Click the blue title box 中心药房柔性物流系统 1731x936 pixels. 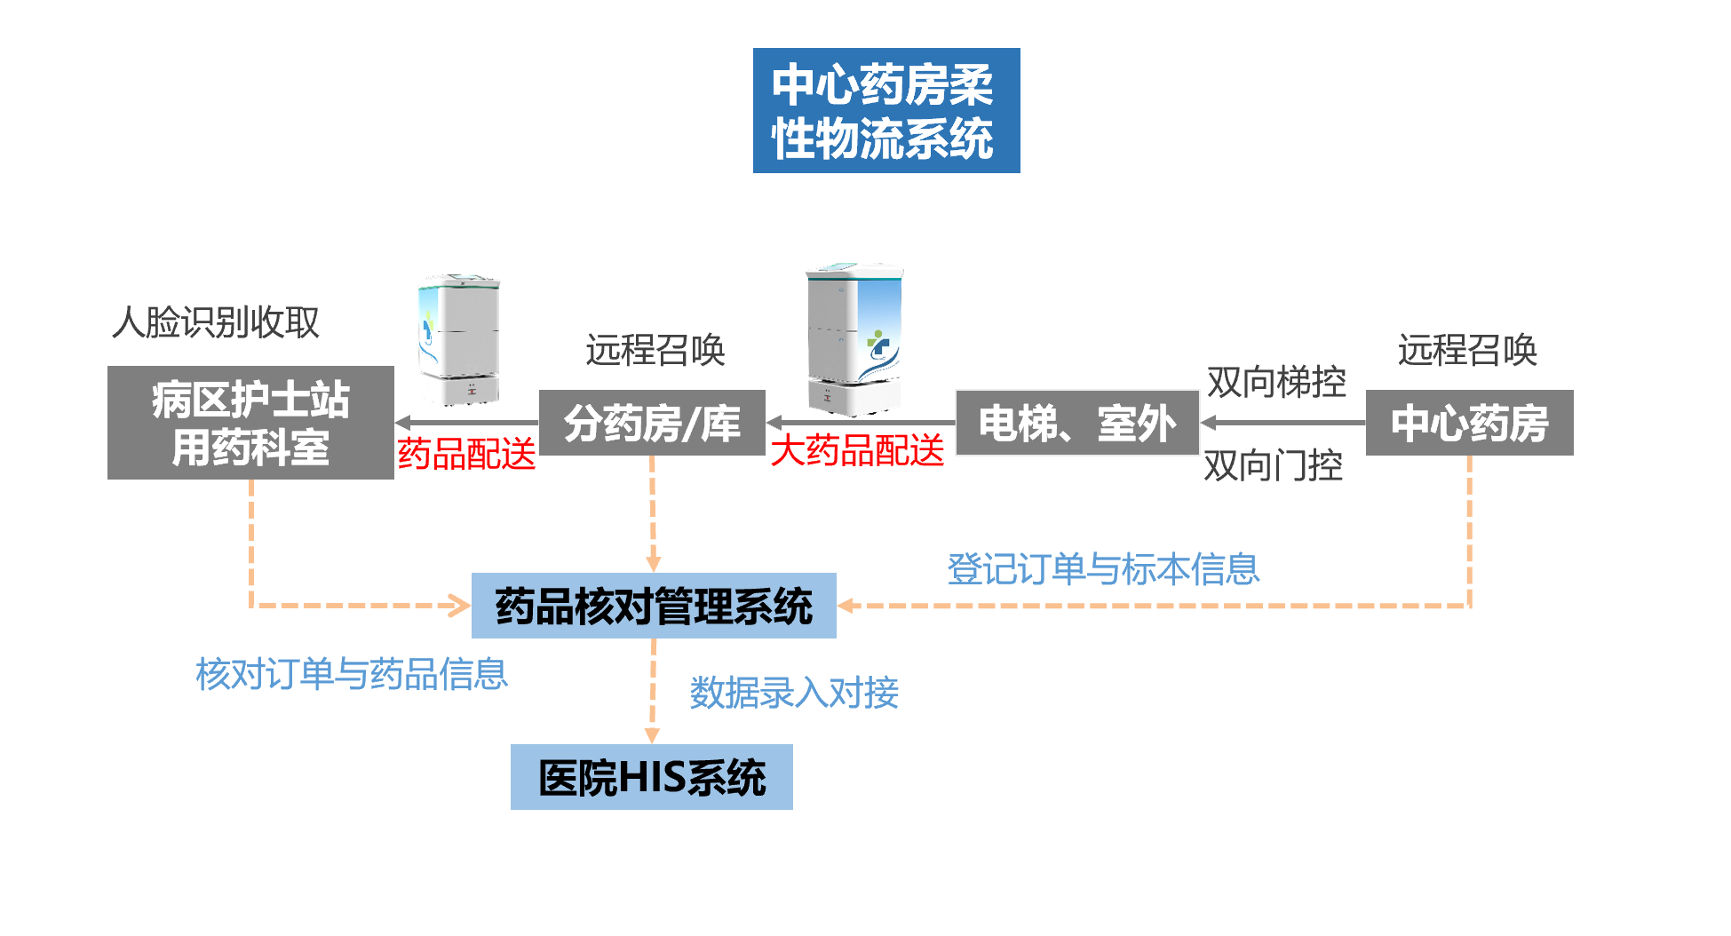[885, 111]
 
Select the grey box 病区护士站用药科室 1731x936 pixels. [250, 423]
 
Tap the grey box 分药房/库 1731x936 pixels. [652, 423]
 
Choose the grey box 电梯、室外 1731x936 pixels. [1076, 423]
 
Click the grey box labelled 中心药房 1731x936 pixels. [1469, 423]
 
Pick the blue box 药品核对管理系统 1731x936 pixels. [654, 606]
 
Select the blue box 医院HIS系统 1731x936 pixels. [651, 777]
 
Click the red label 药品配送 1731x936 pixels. [466, 454]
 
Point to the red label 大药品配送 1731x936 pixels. [857, 450]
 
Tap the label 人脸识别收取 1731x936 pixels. [215, 321]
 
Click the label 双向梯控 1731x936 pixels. [1276, 382]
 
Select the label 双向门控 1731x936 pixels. [1273, 465]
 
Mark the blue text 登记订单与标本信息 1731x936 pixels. [1103, 569]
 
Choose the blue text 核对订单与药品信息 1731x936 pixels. [352, 674]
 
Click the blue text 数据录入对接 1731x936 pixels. [794, 693]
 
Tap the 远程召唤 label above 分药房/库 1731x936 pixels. [655, 350]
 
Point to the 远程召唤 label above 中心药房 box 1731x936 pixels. [1467, 350]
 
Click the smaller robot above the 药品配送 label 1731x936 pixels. [458, 339]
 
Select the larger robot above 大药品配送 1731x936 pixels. [854, 338]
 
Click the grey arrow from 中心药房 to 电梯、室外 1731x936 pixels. [1282, 423]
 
